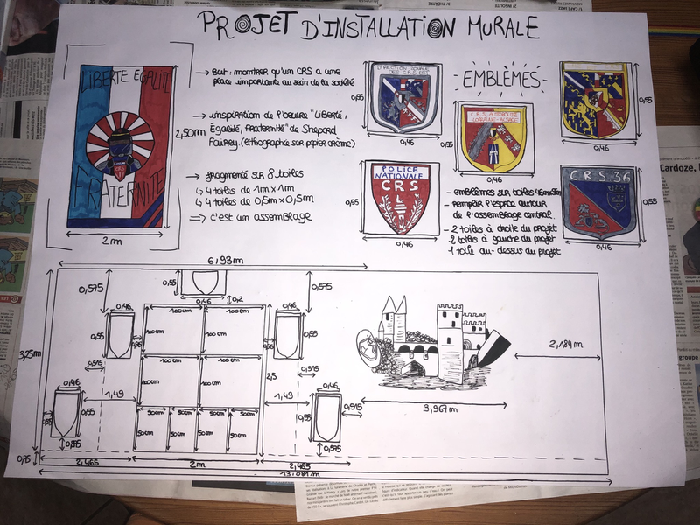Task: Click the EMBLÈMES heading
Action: (x=500, y=79)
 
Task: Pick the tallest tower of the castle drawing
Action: (x=449, y=341)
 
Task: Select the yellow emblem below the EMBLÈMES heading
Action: (x=493, y=136)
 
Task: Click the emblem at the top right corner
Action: (x=594, y=98)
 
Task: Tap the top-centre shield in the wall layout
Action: (x=203, y=283)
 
